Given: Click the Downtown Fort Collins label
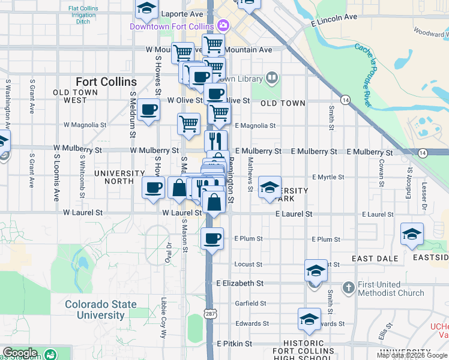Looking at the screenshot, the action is [x=172, y=26].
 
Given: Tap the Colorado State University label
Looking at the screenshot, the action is [x=100, y=310].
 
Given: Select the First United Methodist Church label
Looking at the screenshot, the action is [x=391, y=289].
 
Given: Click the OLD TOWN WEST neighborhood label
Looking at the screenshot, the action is [x=79, y=96].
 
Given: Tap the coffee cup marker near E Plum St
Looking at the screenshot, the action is [x=212, y=239].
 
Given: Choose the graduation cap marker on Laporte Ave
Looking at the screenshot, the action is [x=145, y=8].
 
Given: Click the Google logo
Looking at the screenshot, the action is [x=20, y=353].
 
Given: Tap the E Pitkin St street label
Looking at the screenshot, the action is [x=234, y=343].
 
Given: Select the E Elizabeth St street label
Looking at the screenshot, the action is [x=240, y=283].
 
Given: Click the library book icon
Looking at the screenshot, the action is [x=273, y=78].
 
